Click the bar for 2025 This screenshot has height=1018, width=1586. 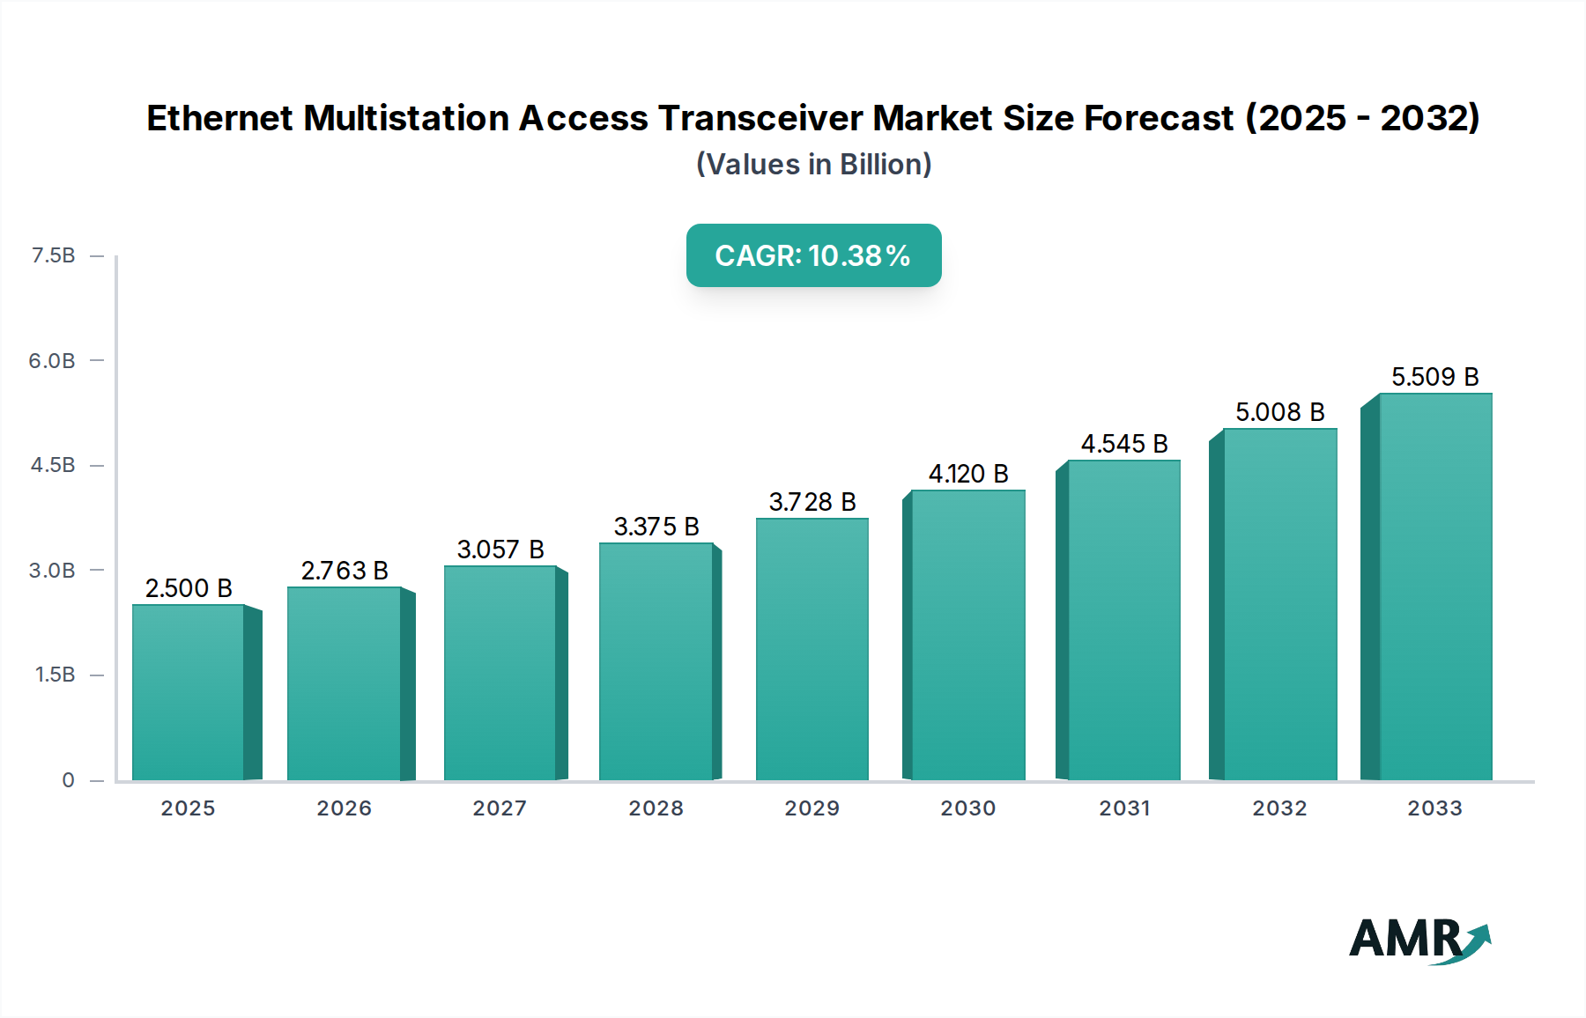pyautogui.click(x=189, y=692)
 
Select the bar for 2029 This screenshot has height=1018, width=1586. pyautogui.click(x=812, y=649)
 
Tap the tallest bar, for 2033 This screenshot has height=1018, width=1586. pyautogui.click(x=1435, y=586)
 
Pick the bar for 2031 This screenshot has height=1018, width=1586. pyautogui.click(x=1123, y=620)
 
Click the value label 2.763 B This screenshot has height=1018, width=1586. pyautogui.click(x=345, y=571)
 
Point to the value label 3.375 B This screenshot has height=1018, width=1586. pyautogui.click(x=656, y=527)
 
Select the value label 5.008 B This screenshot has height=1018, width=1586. pyautogui.click(x=1279, y=412)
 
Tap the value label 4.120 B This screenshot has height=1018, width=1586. pyautogui.click(x=968, y=474)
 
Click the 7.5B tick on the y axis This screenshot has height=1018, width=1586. pyautogui.click(x=53, y=255)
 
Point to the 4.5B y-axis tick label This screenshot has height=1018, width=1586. pyautogui.click(x=53, y=465)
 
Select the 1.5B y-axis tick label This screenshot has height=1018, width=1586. pyautogui.click(x=55, y=675)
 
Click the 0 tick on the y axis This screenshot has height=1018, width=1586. pyautogui.click(x=68, y=780)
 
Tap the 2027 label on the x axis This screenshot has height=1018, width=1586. pyautogui.click(x=500, y=808)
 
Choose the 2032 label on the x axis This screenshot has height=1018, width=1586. pyautogui.click(x=1279, y=808)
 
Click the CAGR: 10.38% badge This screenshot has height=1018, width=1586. pyautogui.click(x=813, y=255)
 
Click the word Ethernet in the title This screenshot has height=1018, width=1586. pyautogui.click(x=219, y=118)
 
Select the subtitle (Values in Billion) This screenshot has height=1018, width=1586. pyautogui.click(x=813, y=165)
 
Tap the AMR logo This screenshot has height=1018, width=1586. pyautogui.click(x=1419, y=940)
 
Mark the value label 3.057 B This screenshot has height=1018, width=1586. pyautogui.click(x=500, y=550)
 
